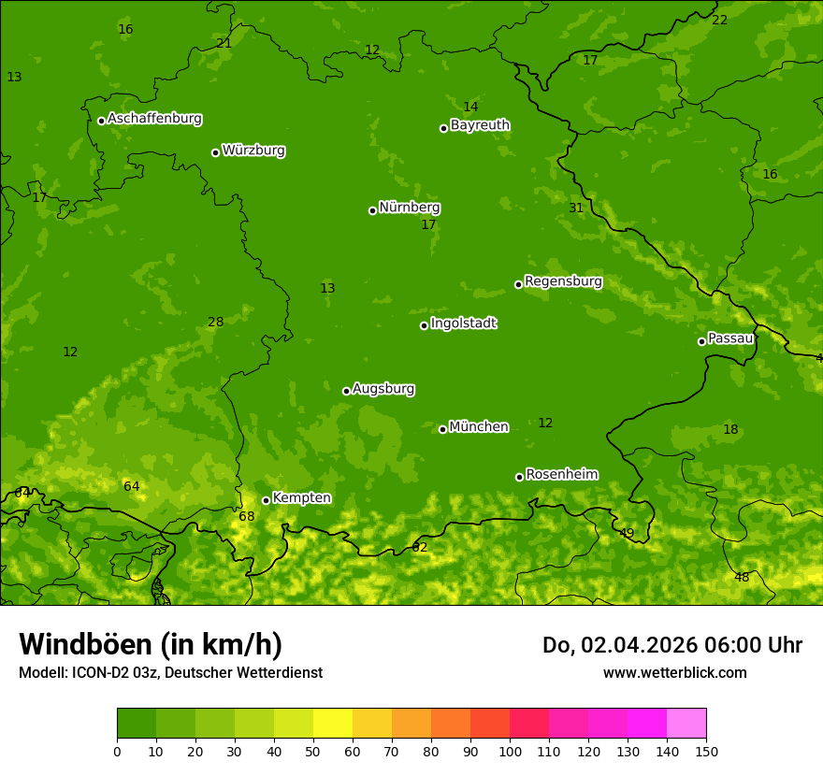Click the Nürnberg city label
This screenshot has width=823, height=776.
[x=409, y=208]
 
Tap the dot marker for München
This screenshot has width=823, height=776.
[x=443, y=429]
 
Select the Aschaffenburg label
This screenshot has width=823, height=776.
[x=154, y=119]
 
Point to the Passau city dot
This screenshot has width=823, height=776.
[x=701, y=341]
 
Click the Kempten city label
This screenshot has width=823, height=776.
[x=301, y=498]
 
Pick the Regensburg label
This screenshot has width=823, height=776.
[x=563, y=281]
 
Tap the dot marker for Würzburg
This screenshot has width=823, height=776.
[x=215, y=152]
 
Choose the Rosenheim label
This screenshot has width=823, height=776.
[x=561, y=475]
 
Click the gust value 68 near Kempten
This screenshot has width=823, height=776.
[x=247, y=517]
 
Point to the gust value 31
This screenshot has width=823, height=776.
[x=576, y=208]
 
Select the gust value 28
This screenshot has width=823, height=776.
[x=216, y=323]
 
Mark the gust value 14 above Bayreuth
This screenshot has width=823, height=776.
[x=470, y=108]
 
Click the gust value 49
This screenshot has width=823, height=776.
[x=627, y=534]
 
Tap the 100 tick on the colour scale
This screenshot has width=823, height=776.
[x=510, y=751]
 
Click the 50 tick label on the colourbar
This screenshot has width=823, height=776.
[x=313, y=751]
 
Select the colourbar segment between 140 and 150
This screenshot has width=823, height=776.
[x=686, y=724]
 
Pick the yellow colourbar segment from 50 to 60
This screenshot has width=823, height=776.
[x=333, y=724]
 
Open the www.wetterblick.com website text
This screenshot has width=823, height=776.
[x=674, y=672]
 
